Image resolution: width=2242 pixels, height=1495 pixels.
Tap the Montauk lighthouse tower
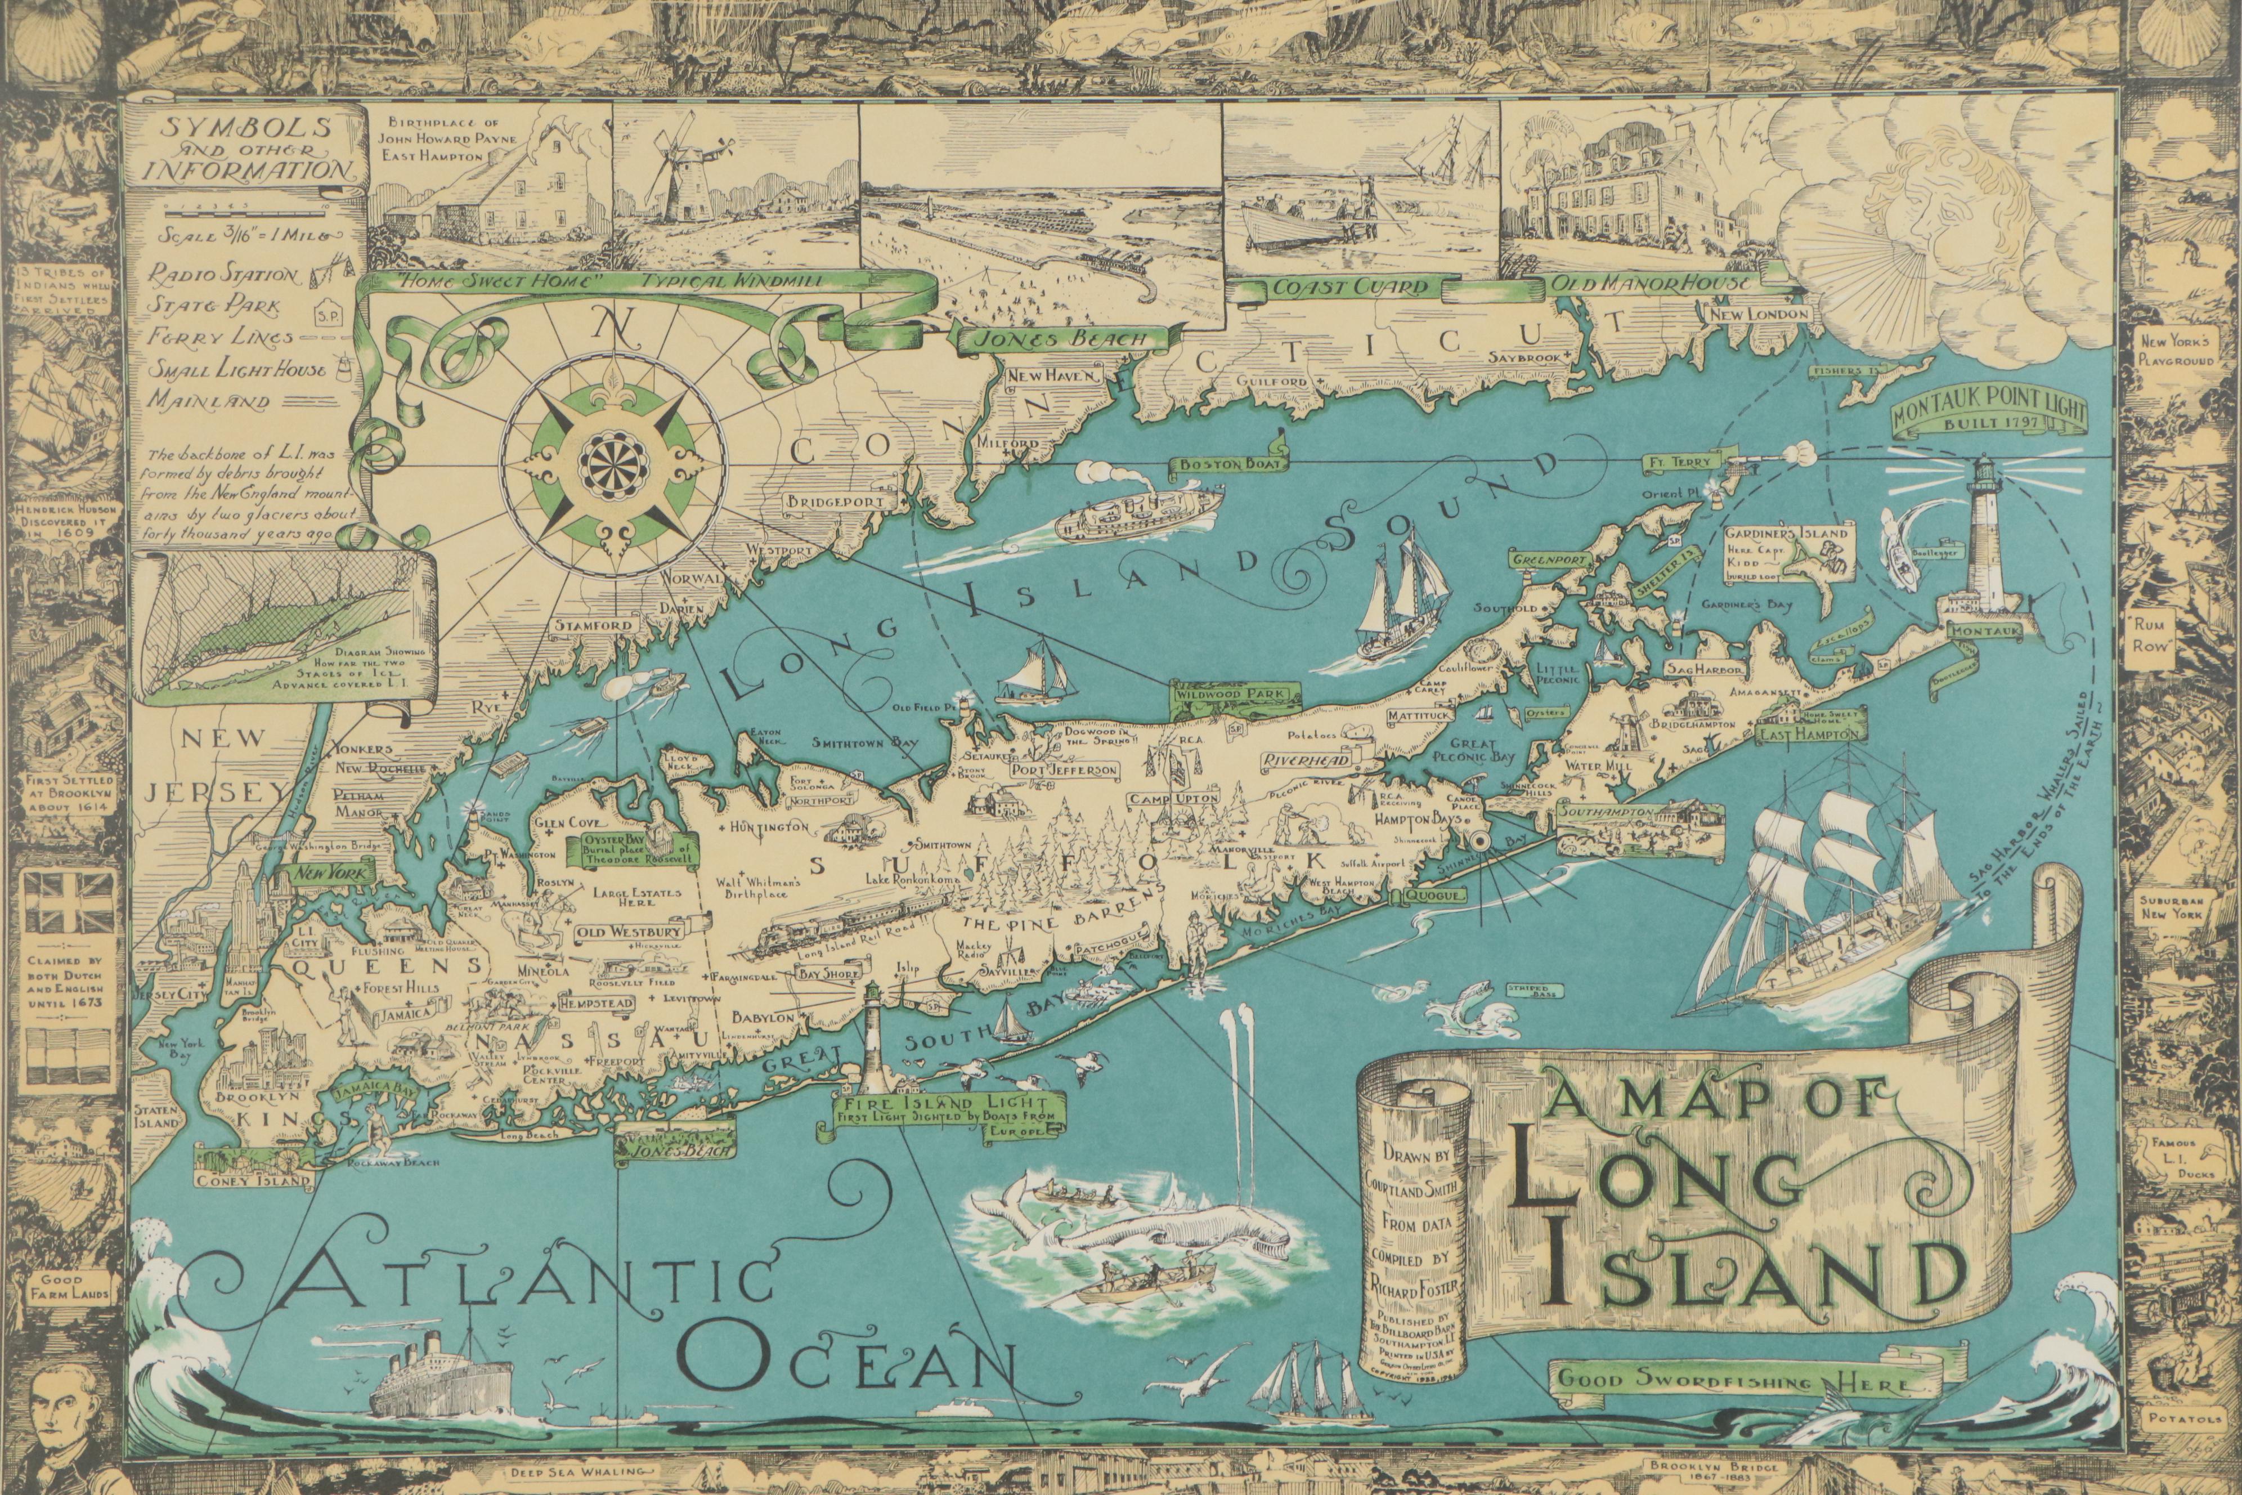1985,534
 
